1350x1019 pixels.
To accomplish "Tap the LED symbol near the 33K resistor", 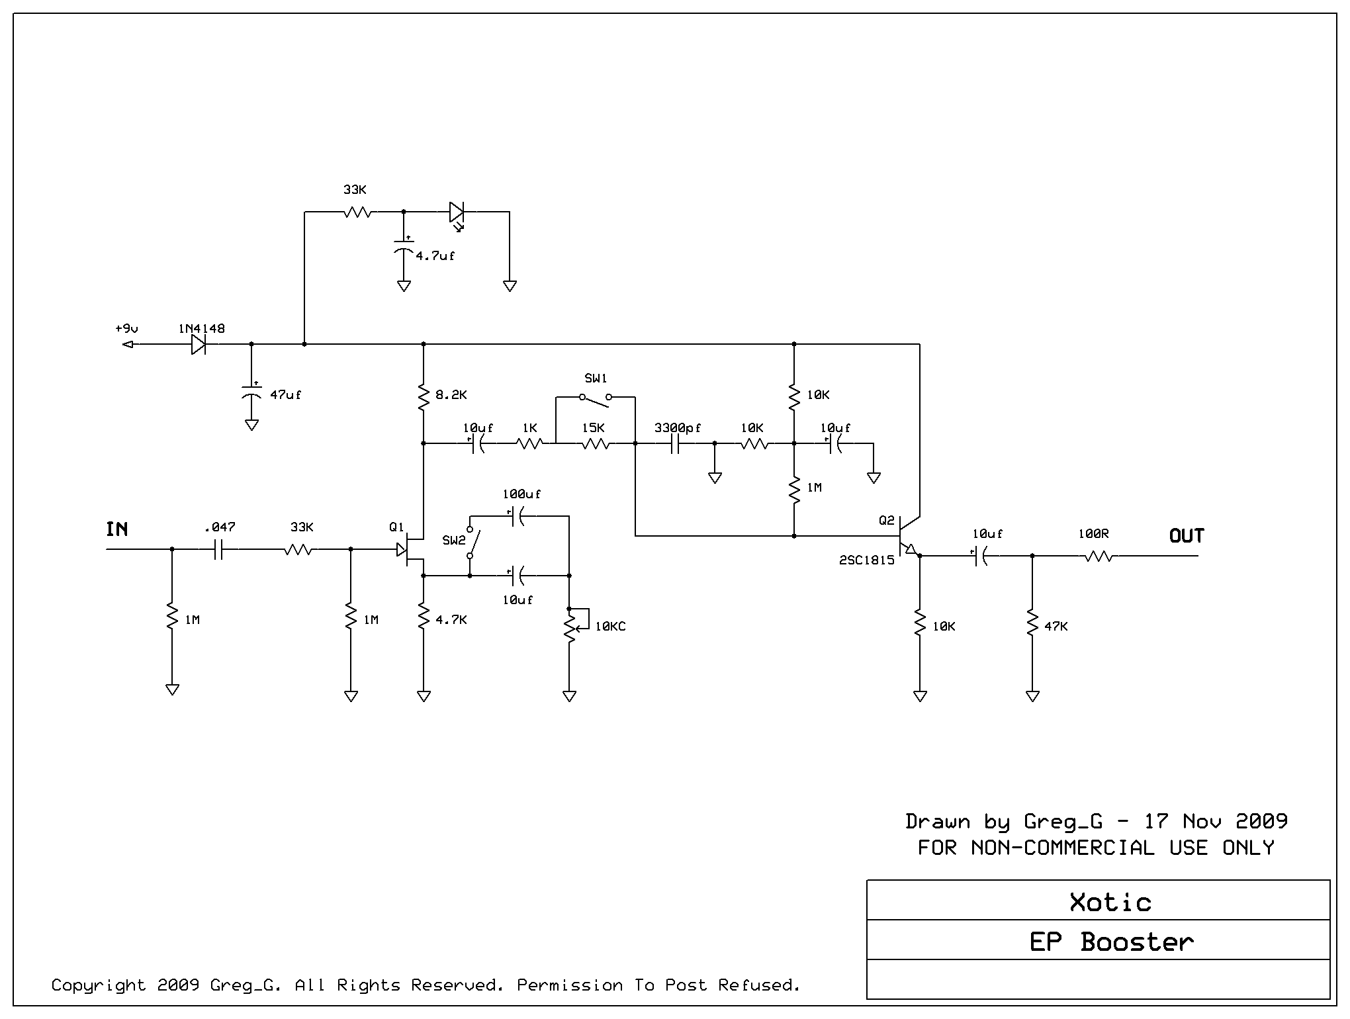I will (x=457, y=213).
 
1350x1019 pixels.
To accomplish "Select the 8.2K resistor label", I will (x=451, y=395).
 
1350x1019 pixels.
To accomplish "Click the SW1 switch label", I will (x=596, y=378).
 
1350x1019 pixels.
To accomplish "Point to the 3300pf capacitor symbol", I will (x=675, y=444).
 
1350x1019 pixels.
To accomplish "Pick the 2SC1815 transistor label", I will (x=867, y=560).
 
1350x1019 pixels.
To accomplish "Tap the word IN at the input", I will (x=117, y=529).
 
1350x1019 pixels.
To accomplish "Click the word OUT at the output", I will (x=1187, y=536).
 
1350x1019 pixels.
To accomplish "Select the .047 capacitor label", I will (x=220, y=527).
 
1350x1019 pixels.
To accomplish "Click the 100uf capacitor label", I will (x=521, y=494).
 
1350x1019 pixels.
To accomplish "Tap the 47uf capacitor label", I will (x=285, y=395).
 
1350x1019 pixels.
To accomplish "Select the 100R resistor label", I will (x=1093, y=534).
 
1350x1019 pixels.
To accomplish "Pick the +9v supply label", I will (x=126, y=329).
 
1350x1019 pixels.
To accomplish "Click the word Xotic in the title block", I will (x=1110, y=903).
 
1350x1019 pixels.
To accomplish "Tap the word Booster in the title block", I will (x=1137, y=942).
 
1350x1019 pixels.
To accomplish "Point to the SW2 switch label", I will (x=454, y=541).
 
